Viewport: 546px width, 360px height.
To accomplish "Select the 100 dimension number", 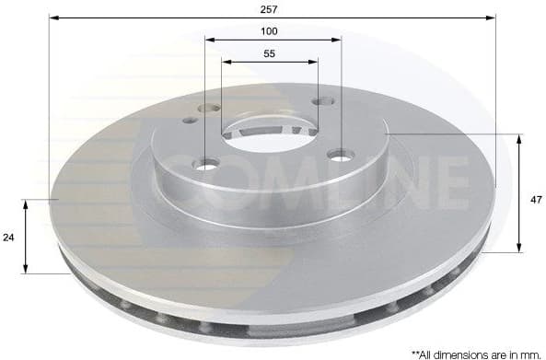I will tap(270, 30).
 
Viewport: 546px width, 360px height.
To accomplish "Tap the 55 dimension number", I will tap(270, 53).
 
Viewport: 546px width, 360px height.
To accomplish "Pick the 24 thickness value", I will tap(8, 237).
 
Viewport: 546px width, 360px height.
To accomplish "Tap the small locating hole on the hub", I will tap(190, 120).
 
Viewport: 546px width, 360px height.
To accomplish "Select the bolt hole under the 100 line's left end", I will tap(206, 165).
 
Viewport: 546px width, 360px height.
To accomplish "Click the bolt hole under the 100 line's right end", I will tap(341, 155).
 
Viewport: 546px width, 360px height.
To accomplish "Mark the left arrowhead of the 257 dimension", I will tap(53, 17).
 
